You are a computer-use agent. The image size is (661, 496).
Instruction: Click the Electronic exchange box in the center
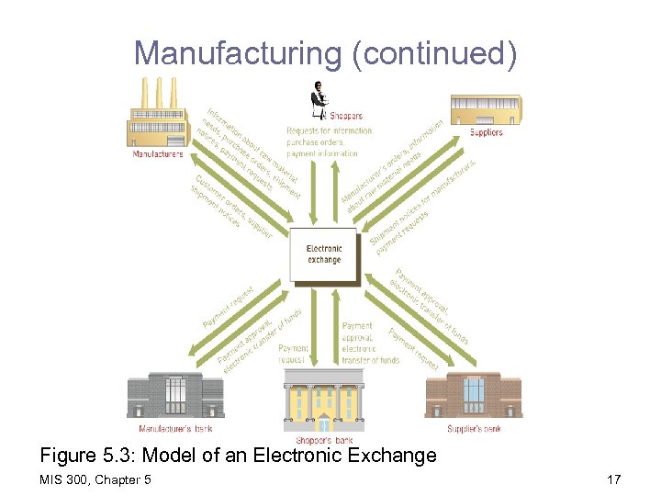[323, 254]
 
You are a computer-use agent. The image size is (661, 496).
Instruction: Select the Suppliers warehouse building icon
[486, 111]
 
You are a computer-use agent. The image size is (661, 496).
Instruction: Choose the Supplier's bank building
[474, 396]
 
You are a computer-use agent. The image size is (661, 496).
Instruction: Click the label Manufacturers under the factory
[158, 153]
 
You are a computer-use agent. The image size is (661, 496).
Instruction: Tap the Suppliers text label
[487, 132]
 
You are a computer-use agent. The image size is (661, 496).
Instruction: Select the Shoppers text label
[345, 117]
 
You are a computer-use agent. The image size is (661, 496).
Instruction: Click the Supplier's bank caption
[474, 428]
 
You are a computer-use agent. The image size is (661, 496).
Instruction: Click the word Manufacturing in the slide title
[239, 53]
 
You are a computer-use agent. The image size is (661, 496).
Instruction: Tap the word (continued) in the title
[434, 53]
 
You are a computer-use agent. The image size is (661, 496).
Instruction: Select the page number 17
[613, 479]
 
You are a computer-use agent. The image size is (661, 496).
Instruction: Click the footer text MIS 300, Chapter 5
[95, 479]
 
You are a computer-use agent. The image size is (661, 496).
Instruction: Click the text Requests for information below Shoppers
[329, 131]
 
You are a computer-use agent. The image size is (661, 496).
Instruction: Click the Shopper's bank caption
[323, 441]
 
